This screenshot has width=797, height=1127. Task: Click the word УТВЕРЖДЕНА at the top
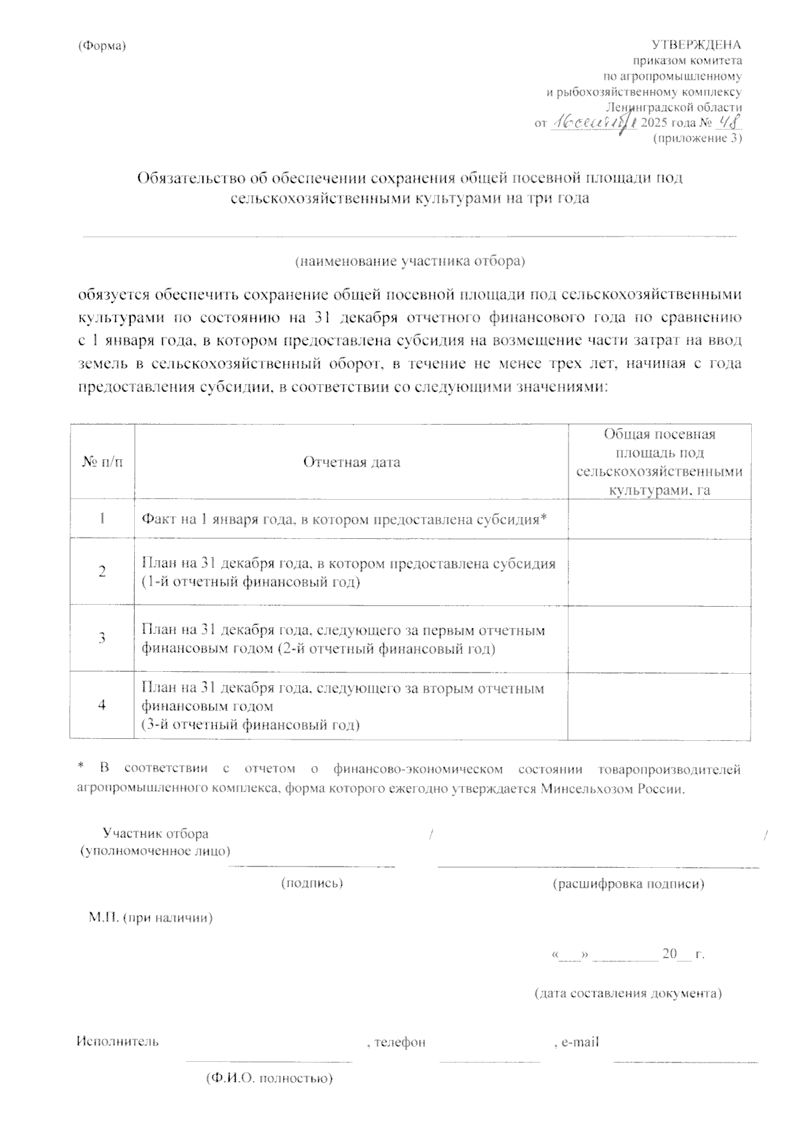click(697, 45)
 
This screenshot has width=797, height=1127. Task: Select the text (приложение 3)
click(697, 138)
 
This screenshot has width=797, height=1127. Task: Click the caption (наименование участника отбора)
click(410, 261)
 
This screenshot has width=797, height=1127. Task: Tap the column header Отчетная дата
click(351, 462)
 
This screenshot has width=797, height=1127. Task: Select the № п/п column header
click(102, 462)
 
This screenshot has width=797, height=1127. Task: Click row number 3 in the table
click(102, 638)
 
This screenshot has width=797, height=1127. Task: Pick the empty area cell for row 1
click(659, 519)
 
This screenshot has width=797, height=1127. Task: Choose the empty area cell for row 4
click(659, 706)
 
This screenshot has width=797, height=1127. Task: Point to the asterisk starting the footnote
click(81, 768)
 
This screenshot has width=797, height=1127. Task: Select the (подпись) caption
click(312, 883)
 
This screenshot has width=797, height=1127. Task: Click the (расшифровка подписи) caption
click(628, 884)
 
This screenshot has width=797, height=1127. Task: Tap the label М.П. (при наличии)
click(151, 918)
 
